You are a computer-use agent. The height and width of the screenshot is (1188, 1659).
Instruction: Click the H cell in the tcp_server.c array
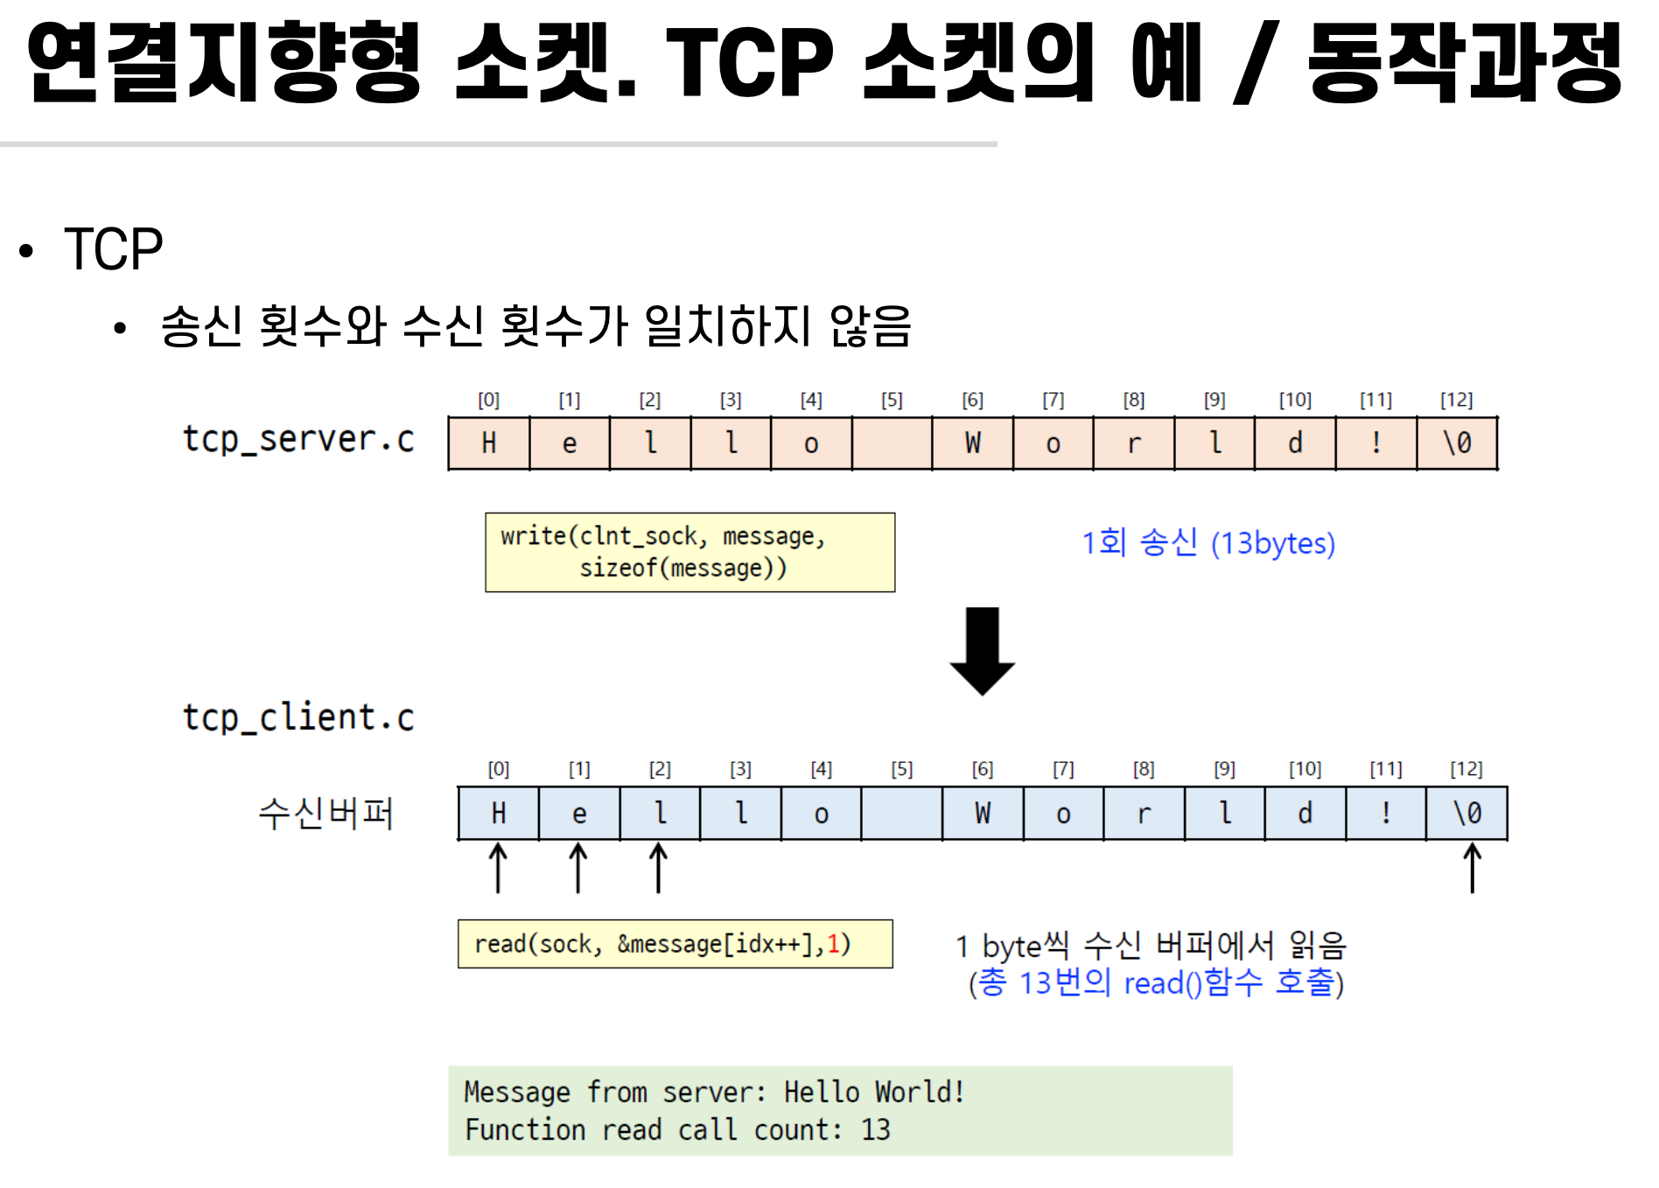click(488, 444)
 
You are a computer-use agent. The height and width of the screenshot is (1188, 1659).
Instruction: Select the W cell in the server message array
click(972, 444)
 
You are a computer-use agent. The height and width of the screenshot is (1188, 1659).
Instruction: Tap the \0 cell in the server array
click(1457, 444)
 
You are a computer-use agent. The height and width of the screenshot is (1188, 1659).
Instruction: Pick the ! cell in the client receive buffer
click(1385, 814)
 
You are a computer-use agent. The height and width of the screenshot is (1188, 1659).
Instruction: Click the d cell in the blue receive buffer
click(1305, 814)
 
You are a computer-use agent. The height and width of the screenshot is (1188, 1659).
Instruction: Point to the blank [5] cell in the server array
click(892, 444)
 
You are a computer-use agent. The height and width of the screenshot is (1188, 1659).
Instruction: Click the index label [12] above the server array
click(1456, 400)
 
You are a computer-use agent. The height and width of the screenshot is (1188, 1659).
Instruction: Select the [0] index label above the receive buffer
click(498, 769)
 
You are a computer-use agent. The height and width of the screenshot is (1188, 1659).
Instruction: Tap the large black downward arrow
click(982, 651)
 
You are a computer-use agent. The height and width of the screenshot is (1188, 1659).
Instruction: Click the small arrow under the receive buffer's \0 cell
click(1473, 868)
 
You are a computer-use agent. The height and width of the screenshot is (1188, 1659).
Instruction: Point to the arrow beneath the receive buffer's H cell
click(498, 868)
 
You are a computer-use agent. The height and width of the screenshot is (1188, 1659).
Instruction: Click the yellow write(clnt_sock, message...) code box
click(689, 552)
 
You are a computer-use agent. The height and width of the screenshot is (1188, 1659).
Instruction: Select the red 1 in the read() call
click(833, 944)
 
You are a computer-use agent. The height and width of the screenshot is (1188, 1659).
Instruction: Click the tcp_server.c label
click(298, 439)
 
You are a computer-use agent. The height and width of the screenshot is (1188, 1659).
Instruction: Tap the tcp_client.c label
click(298, 718)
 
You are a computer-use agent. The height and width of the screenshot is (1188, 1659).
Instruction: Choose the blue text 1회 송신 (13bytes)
click(1207, 543)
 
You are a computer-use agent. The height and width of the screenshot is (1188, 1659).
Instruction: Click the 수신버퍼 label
click(325, 814)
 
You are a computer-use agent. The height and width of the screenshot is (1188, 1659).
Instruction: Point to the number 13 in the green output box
click(875, 1130)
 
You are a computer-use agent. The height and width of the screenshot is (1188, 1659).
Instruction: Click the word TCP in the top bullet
click(114, 249)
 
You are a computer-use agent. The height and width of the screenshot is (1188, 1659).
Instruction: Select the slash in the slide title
click(1255, 63)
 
